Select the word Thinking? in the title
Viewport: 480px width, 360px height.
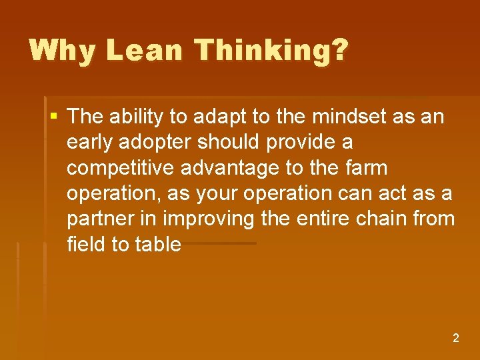pyautogui.click(x=264, y=51)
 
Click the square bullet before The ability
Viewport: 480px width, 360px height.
pyautogui.click(x=53, y=117)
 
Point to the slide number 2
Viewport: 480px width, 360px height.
pyautogui.click(x=456, y=338)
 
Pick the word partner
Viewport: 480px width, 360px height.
pyautogui.click(x=103, y=219)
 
